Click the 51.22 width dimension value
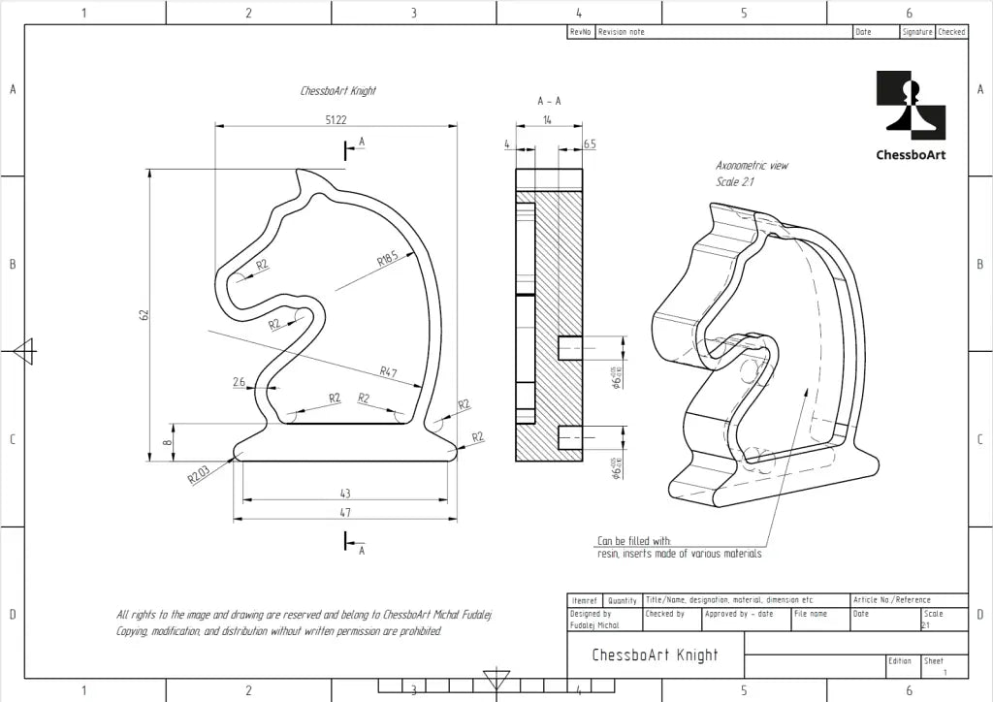click(336, 119)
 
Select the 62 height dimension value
click(144, 315)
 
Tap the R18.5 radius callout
click(388, 259)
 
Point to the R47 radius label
click(388, 371)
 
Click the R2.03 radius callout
click(198, 474)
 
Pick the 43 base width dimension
click(345, 494)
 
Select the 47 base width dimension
click(345, 512)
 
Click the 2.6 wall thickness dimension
click(239, 382)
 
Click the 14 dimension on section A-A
click(548, 119)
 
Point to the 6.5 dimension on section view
click(590, 144)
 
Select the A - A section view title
click(549, 101)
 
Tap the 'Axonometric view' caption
click(752, 166)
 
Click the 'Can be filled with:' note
click(634, 541)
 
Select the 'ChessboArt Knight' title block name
click(655, 655)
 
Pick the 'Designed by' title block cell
click(591, 614)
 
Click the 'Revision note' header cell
click(622, 32)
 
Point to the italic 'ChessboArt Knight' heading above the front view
click(337, 91)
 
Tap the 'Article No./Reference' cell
click(891, 600)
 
